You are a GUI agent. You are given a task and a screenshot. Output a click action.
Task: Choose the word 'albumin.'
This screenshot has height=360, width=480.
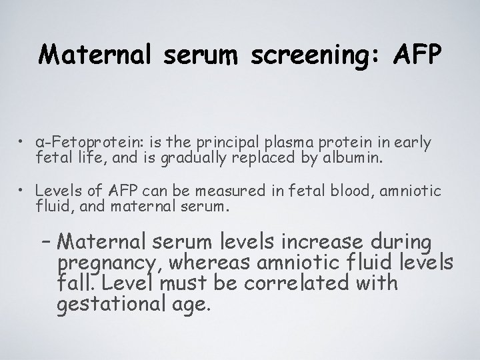tap(326, 157)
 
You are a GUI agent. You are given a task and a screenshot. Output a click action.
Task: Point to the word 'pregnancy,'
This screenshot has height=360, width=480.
tap(111, 263)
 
